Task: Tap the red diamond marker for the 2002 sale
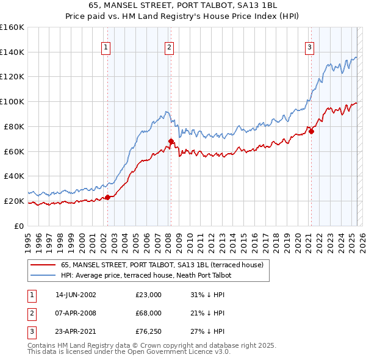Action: tap(108, 196)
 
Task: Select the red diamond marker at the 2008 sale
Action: tap(171, 141)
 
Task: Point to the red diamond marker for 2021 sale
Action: tap(311, 131)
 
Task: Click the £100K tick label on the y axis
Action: tap(12, 101)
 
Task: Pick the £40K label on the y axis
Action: tap(15, 176)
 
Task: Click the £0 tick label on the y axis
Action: tap(19, 226)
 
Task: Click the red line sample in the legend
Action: tap(43, 265)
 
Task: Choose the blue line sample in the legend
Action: tap(43, 275)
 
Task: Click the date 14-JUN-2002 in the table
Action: tap(76, 295)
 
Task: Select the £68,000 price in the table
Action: tap(149, 313)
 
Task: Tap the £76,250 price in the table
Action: tap(149, 331)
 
